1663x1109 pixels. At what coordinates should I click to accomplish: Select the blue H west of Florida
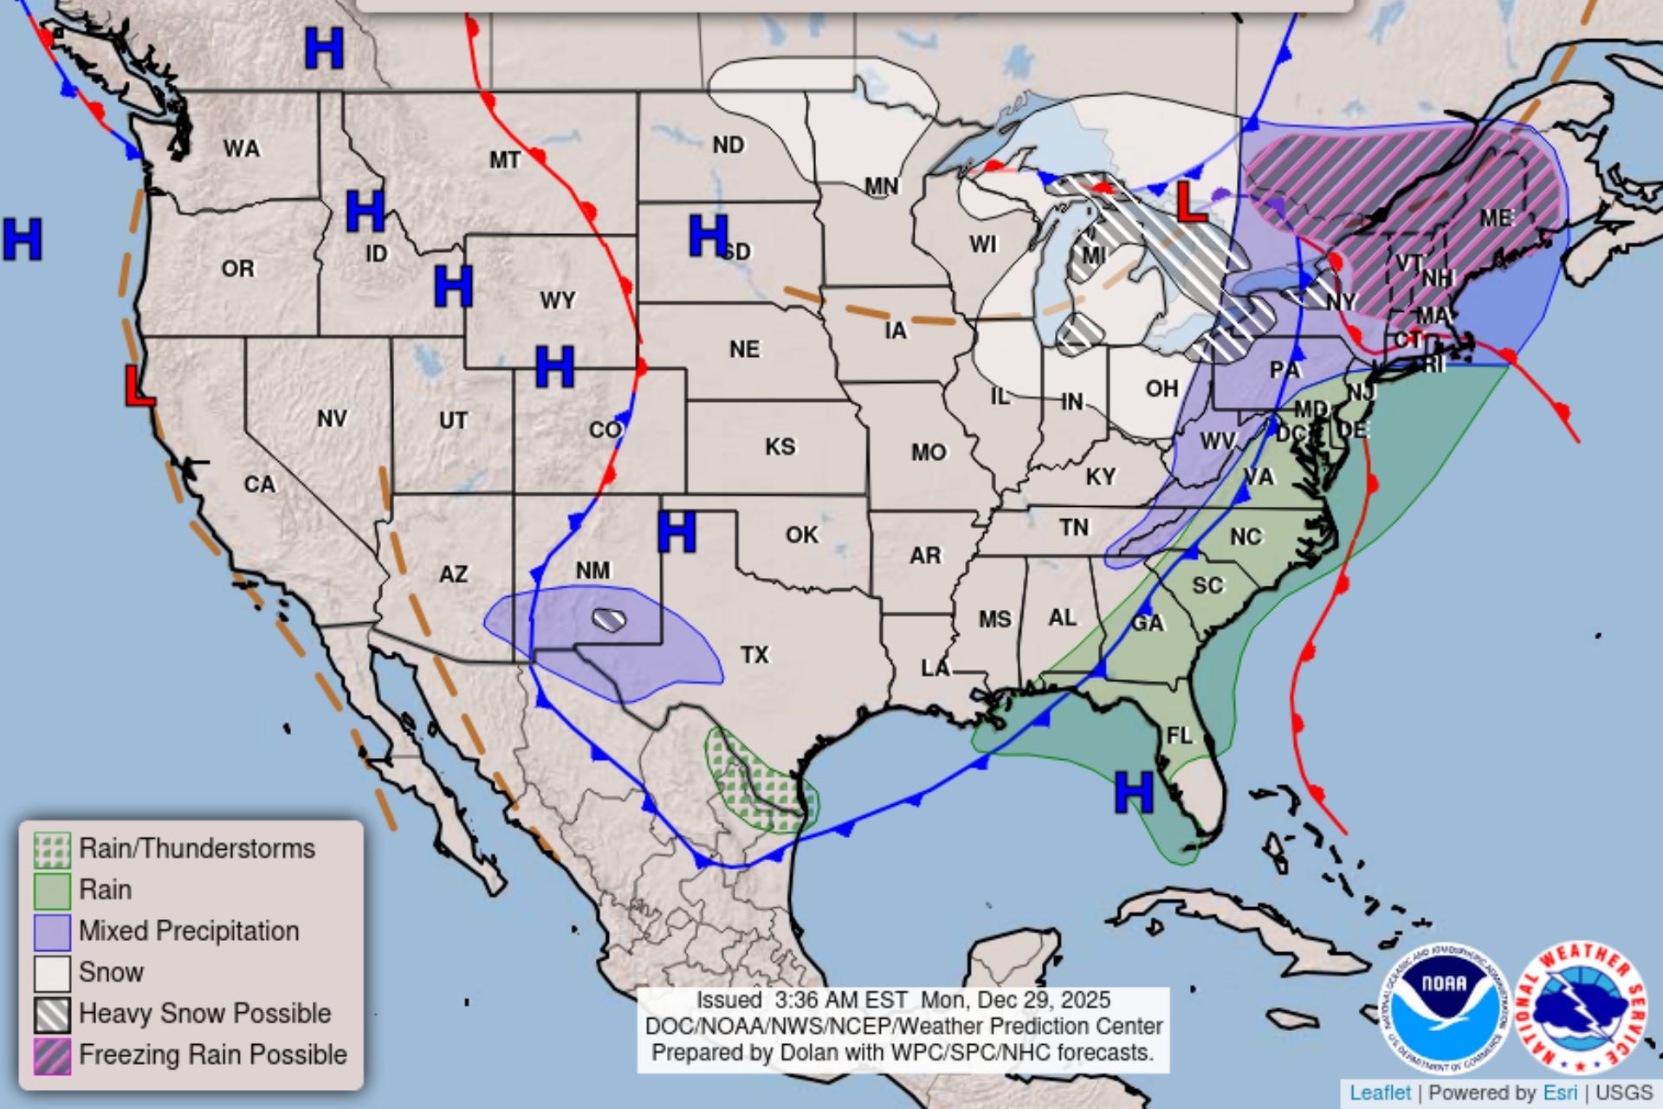(x=1133, y=791)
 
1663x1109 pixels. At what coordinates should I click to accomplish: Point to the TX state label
(x=754, y=655)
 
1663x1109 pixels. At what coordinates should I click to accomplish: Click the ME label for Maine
(x=1496, y=217)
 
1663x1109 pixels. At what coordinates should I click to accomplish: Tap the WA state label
(x=242, y=149)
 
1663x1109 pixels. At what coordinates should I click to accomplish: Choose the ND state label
(x=728, y=145)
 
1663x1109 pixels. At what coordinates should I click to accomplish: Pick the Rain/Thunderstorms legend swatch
(x=52, y=850)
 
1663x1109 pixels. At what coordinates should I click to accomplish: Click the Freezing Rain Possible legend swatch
(x=52, y=1056)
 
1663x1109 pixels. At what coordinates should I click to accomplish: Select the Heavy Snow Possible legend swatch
(x=52, y=1015)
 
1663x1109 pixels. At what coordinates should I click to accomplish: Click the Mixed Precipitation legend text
(x=189, y=931)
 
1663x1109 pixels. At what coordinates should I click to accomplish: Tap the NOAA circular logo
(x=1444, y=1008)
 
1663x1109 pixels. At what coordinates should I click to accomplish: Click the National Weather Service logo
(x=1582, y=1008)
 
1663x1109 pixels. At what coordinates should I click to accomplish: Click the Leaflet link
(x=1380, y=1093)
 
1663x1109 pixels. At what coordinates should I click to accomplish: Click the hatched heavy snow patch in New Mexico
(x=610, y=619)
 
